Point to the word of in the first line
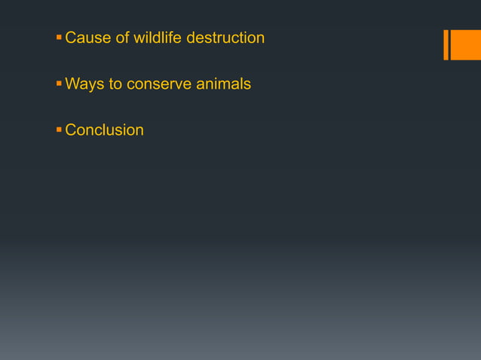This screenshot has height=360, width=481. click(121, 38)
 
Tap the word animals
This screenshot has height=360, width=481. click(224, 84)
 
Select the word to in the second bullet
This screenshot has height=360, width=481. click(115, 84)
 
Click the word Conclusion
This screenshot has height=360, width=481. click(104, 130)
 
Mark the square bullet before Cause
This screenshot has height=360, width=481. click(59, 37)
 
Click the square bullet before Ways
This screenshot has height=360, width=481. click(59, 83)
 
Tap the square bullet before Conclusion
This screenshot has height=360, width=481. click(59, 130)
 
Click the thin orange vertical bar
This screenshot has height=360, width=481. click(446, 44)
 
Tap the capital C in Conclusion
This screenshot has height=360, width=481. click(71, 130)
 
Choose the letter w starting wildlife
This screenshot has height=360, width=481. click(139, 38)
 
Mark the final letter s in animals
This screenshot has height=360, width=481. click(247, 84)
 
